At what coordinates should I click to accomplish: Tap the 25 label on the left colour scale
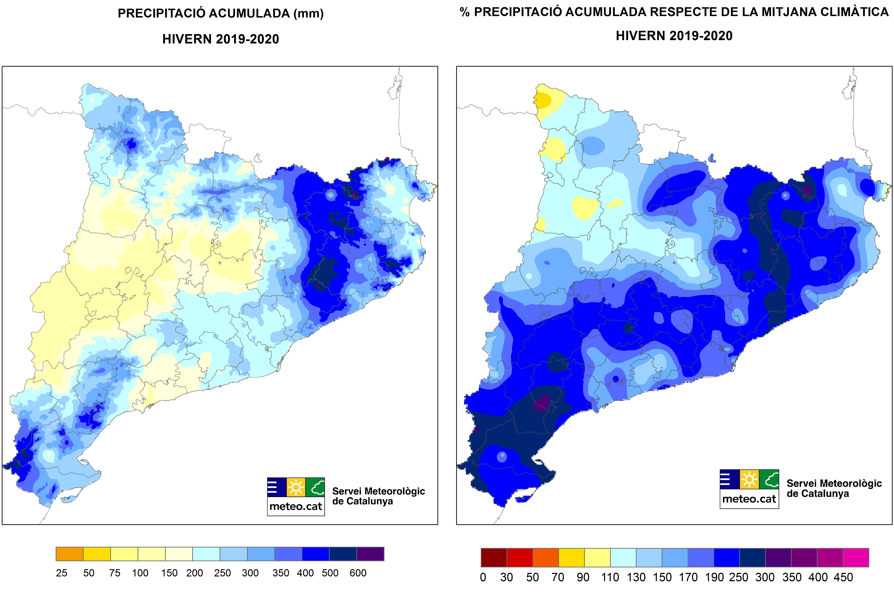click(x=61, y=573)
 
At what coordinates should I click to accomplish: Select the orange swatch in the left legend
click(x=69, y=554)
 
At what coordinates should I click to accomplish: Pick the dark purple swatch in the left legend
click(x=370, y=554)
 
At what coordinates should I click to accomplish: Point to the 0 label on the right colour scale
click(x=483, y=577)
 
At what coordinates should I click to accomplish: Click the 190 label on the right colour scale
click(x=714, y=577)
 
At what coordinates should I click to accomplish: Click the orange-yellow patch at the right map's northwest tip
click(x=543, y=100)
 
